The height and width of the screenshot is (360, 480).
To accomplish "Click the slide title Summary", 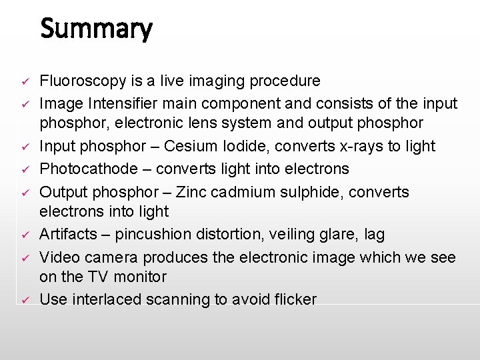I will (x=96, y=29).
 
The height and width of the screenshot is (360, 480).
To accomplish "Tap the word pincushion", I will (x=157, y=235).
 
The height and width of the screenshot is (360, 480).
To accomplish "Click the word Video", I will (x=59, y=257).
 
